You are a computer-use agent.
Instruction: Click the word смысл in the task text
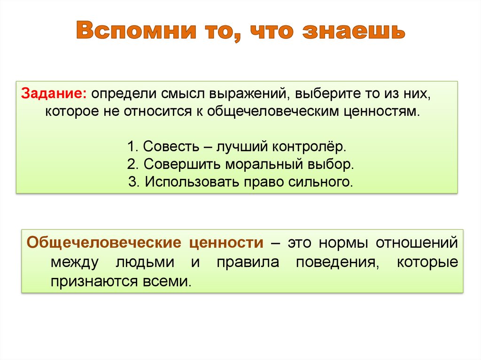tap(183, 93)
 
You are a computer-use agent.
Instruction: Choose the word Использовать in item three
tap(191, 182)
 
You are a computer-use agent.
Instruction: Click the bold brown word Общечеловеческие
tap(104, 243)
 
